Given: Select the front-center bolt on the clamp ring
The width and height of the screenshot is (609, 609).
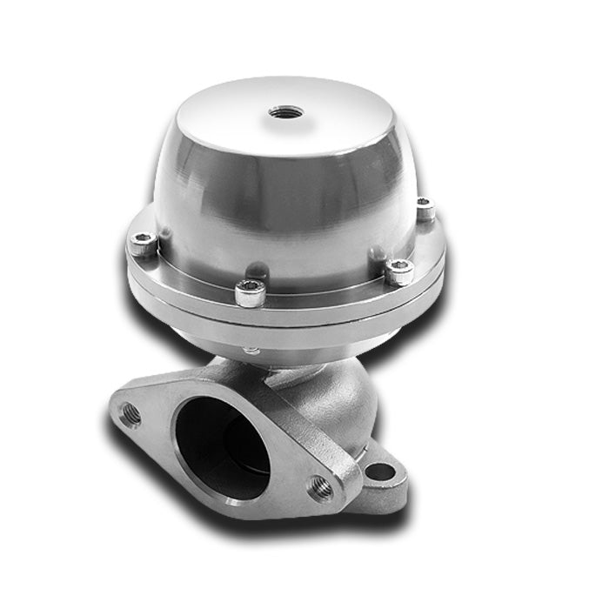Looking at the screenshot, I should click(250, 295).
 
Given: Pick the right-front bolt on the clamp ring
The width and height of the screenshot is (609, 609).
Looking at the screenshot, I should click(398, 273).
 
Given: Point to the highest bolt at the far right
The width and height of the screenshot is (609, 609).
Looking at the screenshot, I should click(425, 209).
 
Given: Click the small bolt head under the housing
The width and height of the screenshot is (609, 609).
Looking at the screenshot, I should click(252, 351).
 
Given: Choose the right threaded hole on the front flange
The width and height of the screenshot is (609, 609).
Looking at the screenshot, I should click(320, 488).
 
